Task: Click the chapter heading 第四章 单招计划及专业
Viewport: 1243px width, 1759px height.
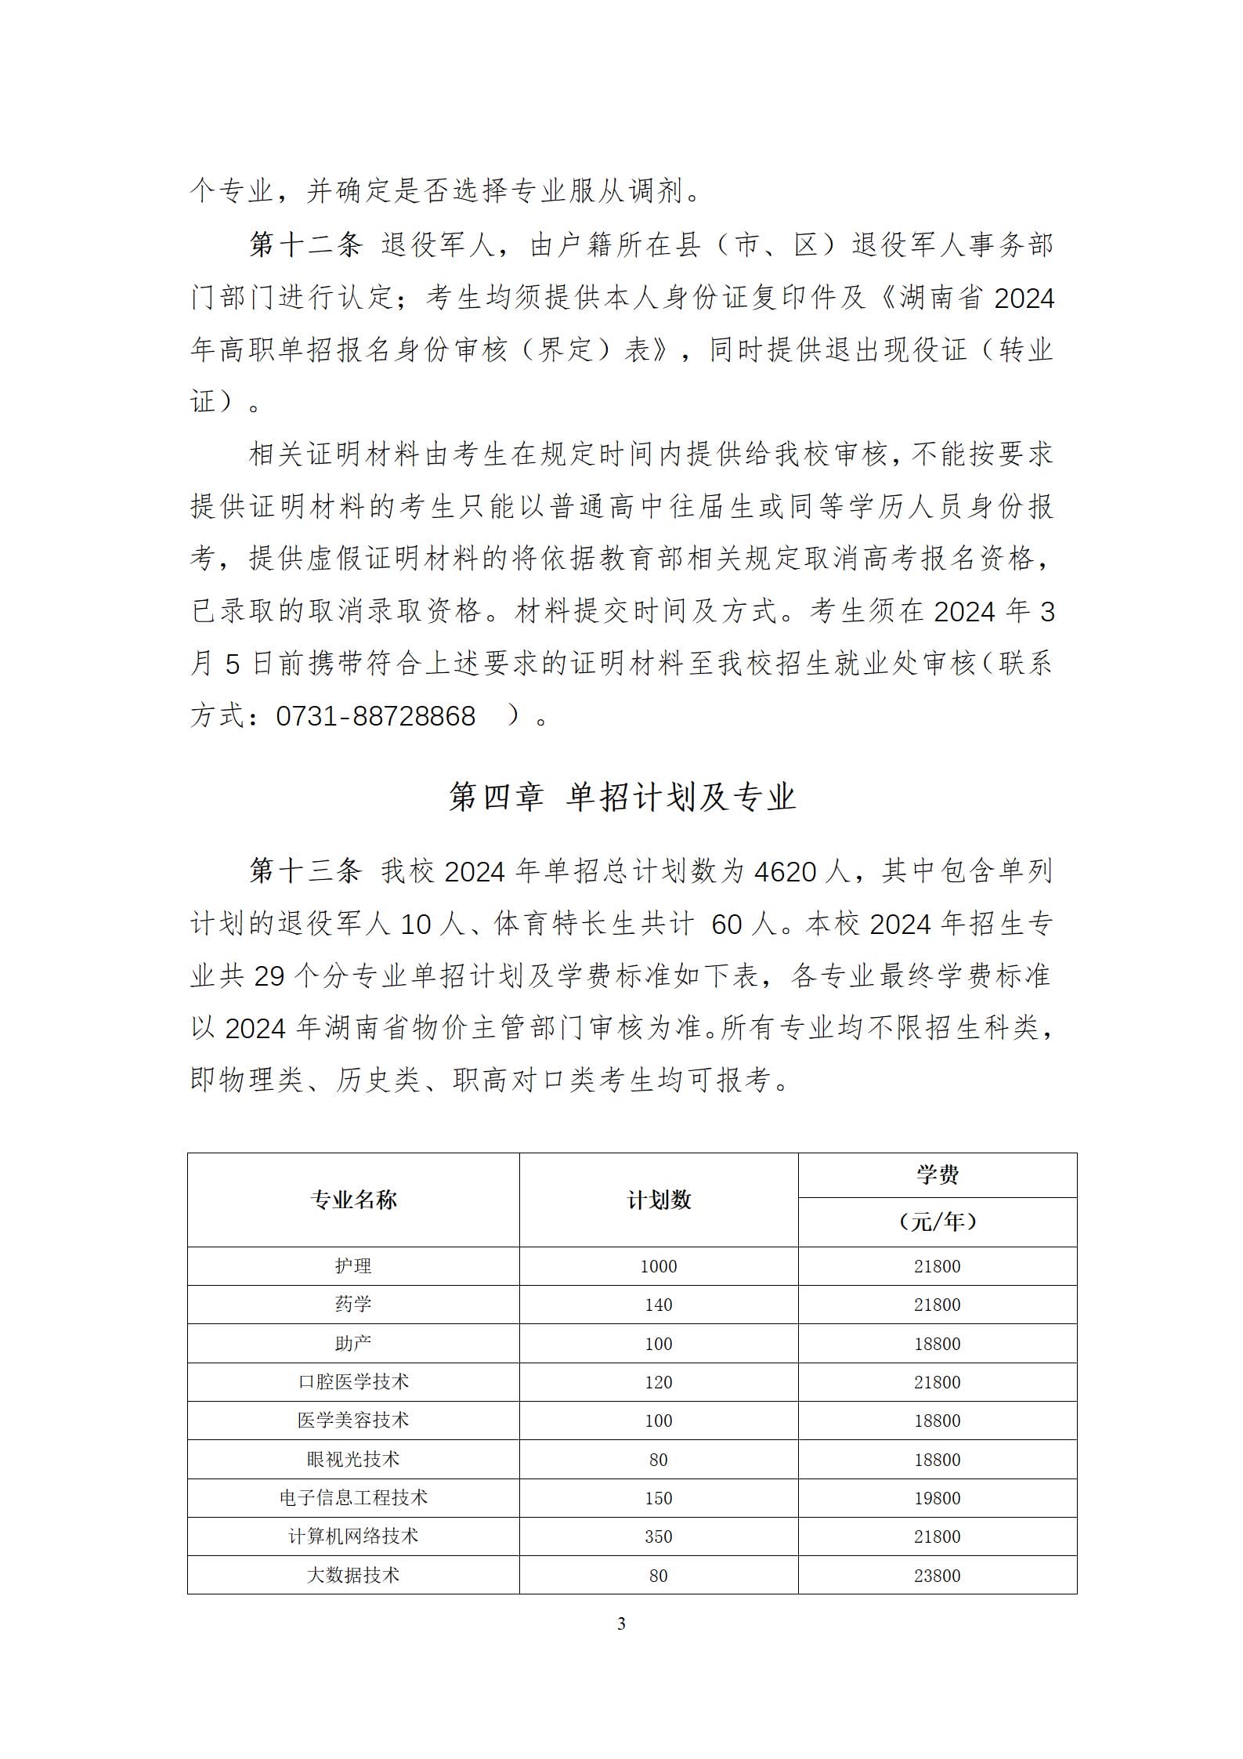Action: [x=622, y=798]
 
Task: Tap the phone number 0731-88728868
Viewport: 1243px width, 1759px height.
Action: [x=375, y=716]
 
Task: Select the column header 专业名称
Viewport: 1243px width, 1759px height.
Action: [x=353, y=1200]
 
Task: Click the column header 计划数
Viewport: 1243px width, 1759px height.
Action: [x=659, y=1200]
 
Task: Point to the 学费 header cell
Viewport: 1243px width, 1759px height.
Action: [x=937, y=1175]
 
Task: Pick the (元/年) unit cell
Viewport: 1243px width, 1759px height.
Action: [x=937, y=1222]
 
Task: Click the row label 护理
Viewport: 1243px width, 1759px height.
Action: [x=353, y=1266]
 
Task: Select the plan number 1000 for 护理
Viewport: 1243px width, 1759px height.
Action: [x=658, y=1267]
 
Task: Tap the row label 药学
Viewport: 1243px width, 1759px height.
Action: [x=353, y=1305]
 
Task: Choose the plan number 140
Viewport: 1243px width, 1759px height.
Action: [x=658, y=1305]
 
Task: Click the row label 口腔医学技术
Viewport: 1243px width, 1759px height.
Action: [x=353, y=1381]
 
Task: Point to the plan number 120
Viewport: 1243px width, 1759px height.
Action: [x=658, y=1382]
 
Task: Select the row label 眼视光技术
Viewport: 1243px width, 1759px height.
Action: [x=353, y=1459]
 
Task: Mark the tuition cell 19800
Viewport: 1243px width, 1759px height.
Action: [x=937, y=1498]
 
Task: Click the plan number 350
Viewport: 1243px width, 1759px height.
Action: [x=658, y=1536]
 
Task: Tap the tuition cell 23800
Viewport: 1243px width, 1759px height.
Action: [x=937, y=1576]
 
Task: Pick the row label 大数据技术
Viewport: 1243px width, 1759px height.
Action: [x=353, y=1575]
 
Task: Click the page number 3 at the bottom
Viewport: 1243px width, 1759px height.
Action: [x=621, y=1624]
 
